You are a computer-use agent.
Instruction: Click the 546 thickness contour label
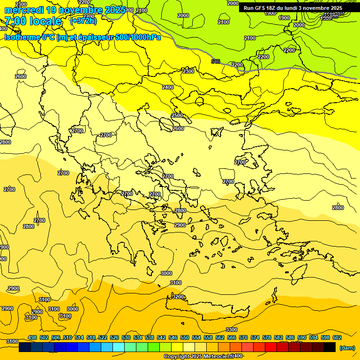click(x=216, y=61)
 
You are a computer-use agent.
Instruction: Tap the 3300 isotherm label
click(x=232, y=330)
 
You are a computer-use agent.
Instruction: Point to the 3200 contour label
click(x=178, y=297)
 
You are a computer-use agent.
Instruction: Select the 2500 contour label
click(x=177, y=115)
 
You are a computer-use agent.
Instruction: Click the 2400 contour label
click(x=168, y=87)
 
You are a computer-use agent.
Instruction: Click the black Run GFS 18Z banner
click(x=293, y=8)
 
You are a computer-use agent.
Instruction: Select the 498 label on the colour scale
click(x=32, y=337)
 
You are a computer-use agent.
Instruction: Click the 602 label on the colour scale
click(x=337, y=337)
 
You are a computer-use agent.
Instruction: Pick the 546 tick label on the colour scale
click(x=173, y=337)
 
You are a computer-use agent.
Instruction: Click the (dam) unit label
click(x=347, y=347)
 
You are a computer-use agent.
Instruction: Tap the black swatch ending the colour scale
click(x=330, y=347)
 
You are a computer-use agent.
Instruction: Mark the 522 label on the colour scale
click(x=103, y=337)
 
